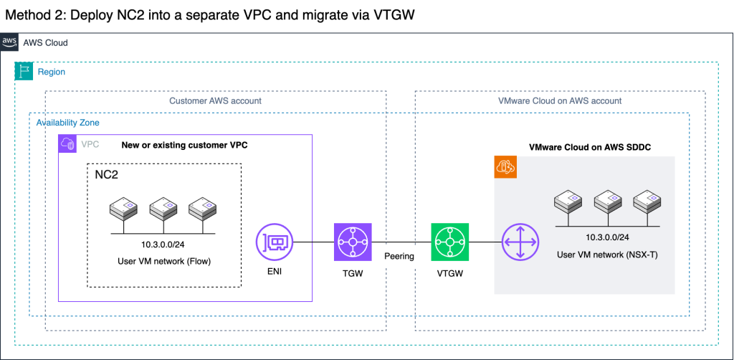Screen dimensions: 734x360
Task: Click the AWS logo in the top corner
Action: [x=9, y=42]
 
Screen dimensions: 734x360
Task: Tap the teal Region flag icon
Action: [x=24, y=71]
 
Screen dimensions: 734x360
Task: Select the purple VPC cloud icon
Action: [x=67, y=143]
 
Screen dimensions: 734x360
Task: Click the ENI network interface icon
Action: [x=275, y=242]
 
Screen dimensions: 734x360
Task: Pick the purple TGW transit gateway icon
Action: [x=353, y=242]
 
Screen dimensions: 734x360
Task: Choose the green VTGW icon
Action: [x=450, y=242]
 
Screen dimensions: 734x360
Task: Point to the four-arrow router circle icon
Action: [x=520, y=242]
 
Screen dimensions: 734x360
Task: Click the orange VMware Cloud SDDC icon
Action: [x=505, y=168]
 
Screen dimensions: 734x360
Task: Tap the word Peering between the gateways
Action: [x=399, y=257]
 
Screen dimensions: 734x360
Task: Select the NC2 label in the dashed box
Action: [x=106, y=176]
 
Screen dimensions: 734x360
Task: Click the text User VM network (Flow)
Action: [x=164, y=261]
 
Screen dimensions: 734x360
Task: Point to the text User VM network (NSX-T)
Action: [x=607, y=255]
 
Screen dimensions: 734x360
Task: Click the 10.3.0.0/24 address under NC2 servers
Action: [x=164, y=245]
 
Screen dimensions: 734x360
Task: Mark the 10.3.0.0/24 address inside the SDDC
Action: [x=607, y=238]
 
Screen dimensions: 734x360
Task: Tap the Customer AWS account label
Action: [x=215, y=100]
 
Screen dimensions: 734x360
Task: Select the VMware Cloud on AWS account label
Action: [x=560, y=100]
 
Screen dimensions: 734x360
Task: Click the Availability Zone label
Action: [x=68, y=123]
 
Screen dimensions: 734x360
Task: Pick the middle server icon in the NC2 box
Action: [x=163, y=209]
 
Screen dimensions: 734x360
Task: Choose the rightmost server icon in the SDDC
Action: [x=647, y=202]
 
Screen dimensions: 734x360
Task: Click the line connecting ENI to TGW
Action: [x=314, y=242]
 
